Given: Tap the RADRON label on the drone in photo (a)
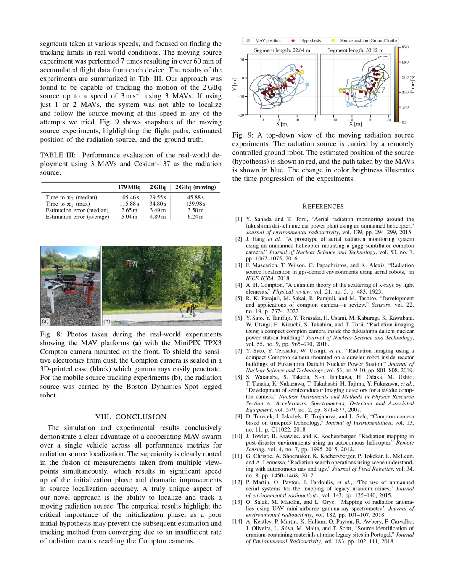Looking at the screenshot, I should tap(69, 278).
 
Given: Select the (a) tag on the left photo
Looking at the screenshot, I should tap(45, 321).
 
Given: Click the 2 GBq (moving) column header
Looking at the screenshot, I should tap(195, 187).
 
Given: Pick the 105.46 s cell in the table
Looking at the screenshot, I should tap(129, 197).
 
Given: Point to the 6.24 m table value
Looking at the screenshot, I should tap(195, 217).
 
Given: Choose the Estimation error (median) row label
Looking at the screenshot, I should tap(77, 210).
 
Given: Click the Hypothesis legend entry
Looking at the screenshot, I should tap(310, 41).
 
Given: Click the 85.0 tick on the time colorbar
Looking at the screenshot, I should tap(405, 47).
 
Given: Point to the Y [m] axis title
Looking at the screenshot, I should tap(235, 84).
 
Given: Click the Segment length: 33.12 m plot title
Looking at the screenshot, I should tap(355, 50).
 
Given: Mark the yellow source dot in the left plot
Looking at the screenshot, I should tap(302, 72).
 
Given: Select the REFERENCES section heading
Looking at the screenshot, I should tap(323, 206).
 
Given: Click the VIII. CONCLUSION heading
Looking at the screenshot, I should tap(131, 417).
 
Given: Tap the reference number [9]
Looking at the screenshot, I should tap(238, 416).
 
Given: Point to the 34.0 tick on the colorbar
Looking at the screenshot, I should tap(405, 92).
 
